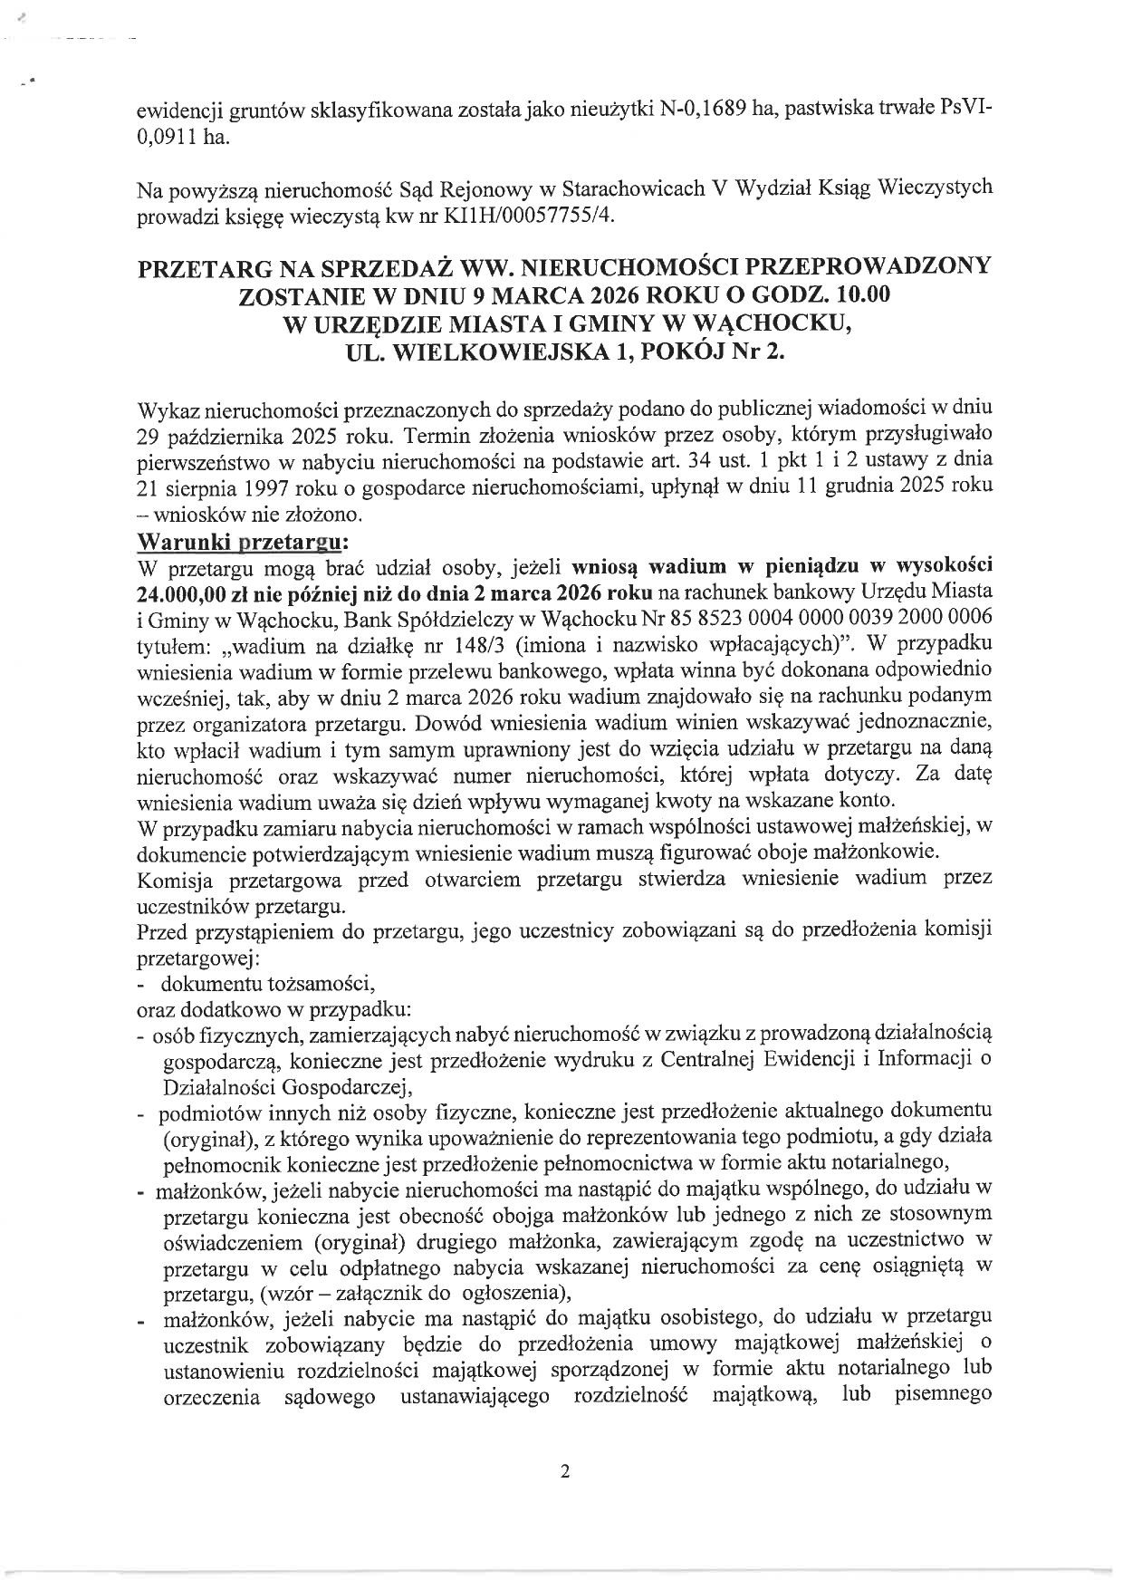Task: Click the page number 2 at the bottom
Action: [565, 1472]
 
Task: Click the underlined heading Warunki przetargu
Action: [241, 542]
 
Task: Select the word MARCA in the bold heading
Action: [540, 295]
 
